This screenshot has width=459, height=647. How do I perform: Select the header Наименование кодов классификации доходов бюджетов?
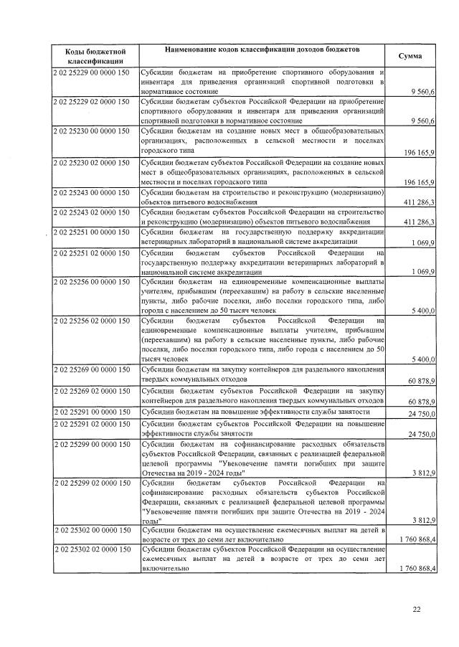click(x=262, y=49)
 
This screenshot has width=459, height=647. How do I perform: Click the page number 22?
click(x=417, y=610)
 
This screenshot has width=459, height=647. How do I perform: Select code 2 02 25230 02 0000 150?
click(x=90, y=164)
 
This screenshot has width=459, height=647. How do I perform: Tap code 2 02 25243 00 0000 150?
click(x=90, y=193)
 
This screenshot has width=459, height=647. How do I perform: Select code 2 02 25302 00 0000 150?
click(x=90, y=529)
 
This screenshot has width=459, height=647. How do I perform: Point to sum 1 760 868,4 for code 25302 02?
click(x=407, y=569)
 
